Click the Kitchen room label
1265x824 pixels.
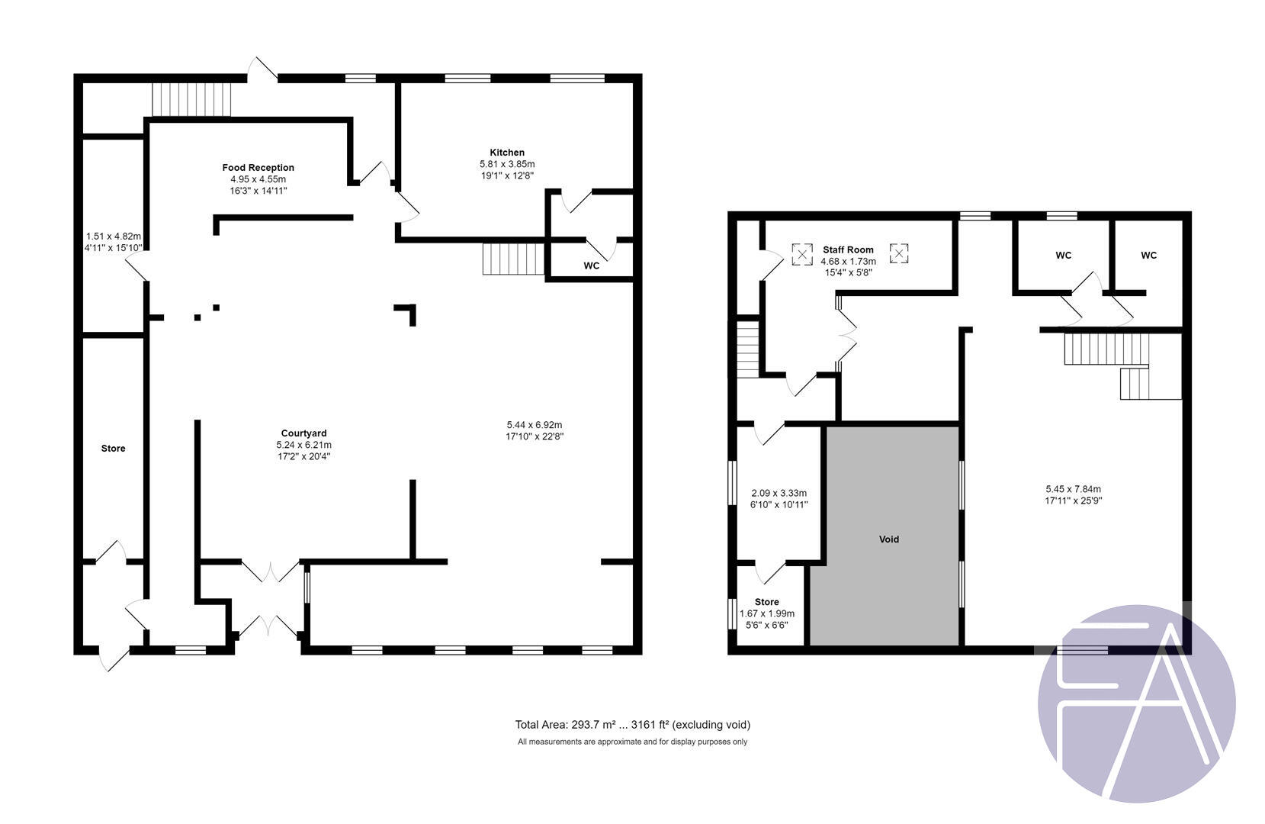(507, 153)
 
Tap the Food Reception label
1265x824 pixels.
(258, 168)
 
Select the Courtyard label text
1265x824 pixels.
(303, 433)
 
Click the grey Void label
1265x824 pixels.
(889, 539)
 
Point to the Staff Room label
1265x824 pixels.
(848, 249)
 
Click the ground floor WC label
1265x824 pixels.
(591, 266)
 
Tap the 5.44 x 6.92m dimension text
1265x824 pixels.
(534, 425)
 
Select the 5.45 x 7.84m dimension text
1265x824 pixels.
(1073, 490)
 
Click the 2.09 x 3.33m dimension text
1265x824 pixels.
(779, 494)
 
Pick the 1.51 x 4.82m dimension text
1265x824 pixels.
(113, 237)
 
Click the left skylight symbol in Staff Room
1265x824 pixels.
(801, 254)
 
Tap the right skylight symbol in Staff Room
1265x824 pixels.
(899, 253)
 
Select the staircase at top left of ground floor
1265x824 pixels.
(191, 99)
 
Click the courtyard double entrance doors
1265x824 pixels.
(268, 600)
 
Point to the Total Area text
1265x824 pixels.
(632, 725)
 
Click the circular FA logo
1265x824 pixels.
(1136, 703)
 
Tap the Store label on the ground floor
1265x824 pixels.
(113, 449)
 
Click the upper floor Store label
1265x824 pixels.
(766, 602)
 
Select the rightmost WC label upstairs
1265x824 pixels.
(1148, 256)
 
